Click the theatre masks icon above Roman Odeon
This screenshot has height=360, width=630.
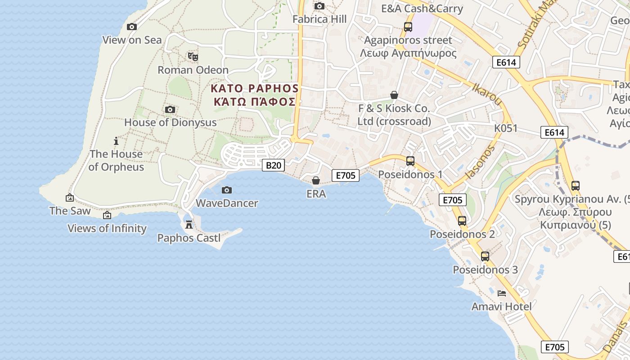[x=193, y=57]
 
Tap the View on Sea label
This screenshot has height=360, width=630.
[x=132, y=40]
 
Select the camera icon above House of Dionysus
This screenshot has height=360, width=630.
[x=170, y=109]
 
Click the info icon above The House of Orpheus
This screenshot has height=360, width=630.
[x=116, y=141]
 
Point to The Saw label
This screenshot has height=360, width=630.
[x=70, y=211]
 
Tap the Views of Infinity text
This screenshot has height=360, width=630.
[x=107, y=228]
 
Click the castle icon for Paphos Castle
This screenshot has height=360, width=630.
[x=189, y=224]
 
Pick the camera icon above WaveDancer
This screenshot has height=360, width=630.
[x=227, y=190]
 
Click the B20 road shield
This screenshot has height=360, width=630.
[x=273, y=165]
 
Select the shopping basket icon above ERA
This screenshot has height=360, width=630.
[x=316, y=180]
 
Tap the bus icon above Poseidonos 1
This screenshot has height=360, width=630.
[x=410, y=161]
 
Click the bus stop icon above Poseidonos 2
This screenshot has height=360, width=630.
[x=462, y=220]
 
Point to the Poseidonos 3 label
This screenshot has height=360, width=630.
[x=485, y=270]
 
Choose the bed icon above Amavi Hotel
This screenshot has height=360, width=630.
[x=502, y=293]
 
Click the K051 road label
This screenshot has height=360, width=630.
[x=506, y=128]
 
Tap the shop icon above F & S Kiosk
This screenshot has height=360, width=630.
[x=394, y=95]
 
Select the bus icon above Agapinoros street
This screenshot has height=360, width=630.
[x=408, y=27]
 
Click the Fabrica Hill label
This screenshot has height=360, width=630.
[x=319, y=19]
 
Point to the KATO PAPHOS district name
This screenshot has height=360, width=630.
[x=255, y=88]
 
